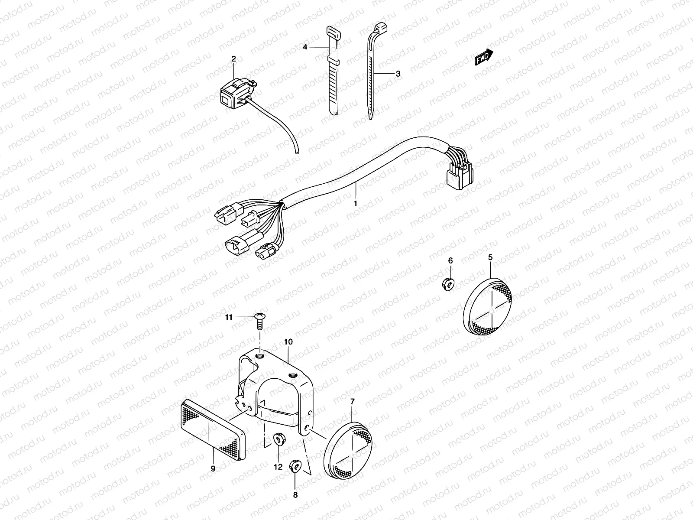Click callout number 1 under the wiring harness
click(356, 203)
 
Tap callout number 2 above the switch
click(233, 58)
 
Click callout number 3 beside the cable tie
click(398, 74)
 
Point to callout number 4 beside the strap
click(305, 47)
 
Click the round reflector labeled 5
click(487, 308)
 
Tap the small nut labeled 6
click(449, 285)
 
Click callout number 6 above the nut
click(450, 260)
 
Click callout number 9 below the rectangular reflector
click(213, 468)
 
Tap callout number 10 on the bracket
click(288, 342)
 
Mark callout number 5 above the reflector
click(490, 257)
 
